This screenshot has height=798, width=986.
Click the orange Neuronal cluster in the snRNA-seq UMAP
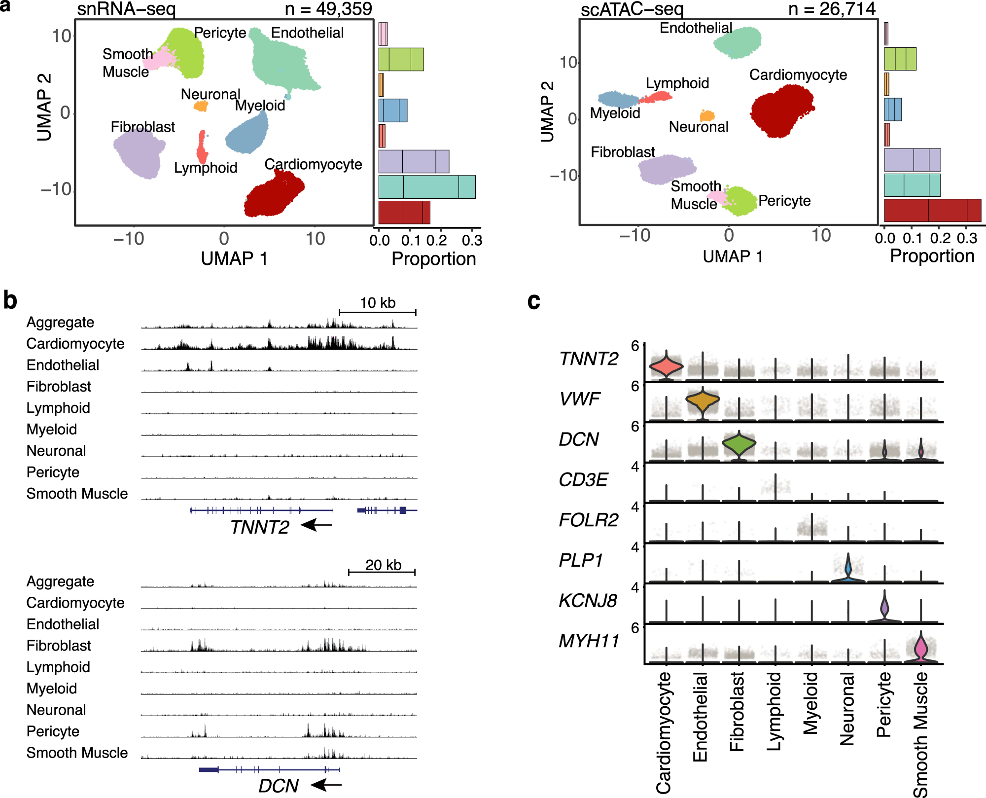coord(201,106)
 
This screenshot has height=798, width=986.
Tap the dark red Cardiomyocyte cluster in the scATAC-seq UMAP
coord(781,111)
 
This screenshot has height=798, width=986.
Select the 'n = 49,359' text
coord(328,8)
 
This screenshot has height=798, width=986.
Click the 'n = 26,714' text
coord(832,8)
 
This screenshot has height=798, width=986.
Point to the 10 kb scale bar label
coord(378,303)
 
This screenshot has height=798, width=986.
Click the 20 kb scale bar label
coord(383,565)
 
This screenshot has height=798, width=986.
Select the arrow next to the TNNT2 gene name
coord(317,525)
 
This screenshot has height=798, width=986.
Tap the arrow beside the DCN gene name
coord(326,784)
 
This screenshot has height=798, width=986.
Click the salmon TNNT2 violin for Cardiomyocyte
coord(666,366)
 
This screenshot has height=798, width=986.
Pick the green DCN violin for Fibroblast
coord(739,443)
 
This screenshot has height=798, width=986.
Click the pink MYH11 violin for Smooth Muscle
coord(920,649)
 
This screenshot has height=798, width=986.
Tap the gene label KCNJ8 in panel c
coord(588,601)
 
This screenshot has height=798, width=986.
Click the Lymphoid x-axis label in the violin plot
coord(775,710)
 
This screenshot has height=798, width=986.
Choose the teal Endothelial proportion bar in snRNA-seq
coord(426,187)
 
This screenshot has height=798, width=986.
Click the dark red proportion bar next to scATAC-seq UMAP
coord(932,211)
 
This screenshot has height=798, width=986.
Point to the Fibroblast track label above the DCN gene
coord(59,646)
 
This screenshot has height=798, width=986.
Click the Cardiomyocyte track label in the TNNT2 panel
coord(75,344)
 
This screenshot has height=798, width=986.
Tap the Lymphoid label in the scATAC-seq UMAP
coord(677,83)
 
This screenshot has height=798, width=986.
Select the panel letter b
coord(10,300)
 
